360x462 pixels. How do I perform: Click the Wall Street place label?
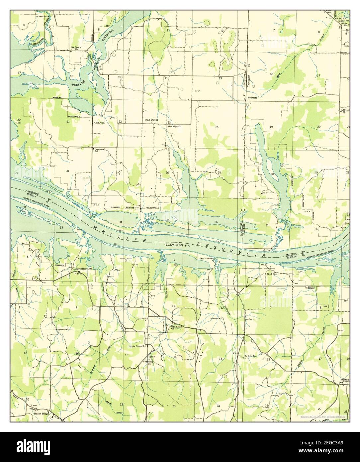point(151,120)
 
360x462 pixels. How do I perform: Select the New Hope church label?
point(174,127)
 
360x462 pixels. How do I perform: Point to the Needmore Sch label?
point(100,150)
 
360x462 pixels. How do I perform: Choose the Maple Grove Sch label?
point(138,346)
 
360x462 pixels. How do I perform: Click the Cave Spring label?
point(82,269)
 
